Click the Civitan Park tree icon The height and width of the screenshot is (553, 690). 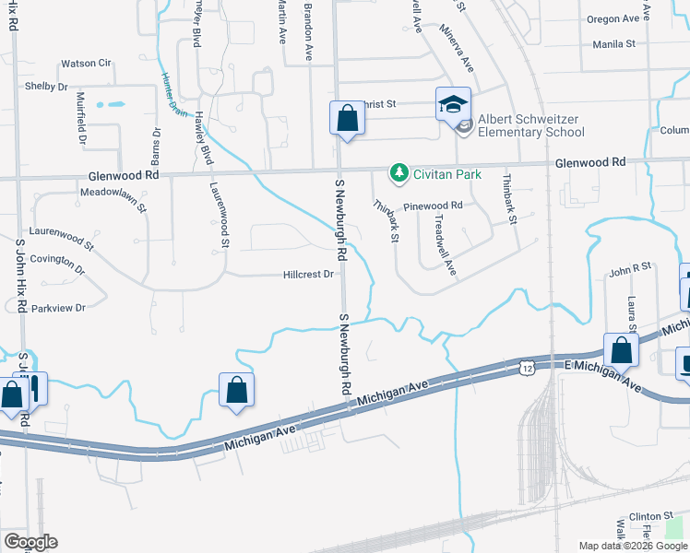399,171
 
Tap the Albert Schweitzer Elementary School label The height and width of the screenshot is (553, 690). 531,126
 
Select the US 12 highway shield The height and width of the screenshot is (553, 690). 525,367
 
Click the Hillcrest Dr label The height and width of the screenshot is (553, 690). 307,275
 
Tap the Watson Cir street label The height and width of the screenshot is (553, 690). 86,64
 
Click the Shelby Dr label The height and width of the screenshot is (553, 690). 46,87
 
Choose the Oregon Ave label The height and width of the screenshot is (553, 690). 613,19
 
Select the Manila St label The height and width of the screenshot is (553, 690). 614,43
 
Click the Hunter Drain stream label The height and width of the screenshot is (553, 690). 173,93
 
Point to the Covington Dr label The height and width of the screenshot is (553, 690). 57,265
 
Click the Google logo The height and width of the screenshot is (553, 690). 30,542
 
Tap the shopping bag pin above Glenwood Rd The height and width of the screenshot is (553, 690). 346,118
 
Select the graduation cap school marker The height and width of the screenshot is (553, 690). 454,104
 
